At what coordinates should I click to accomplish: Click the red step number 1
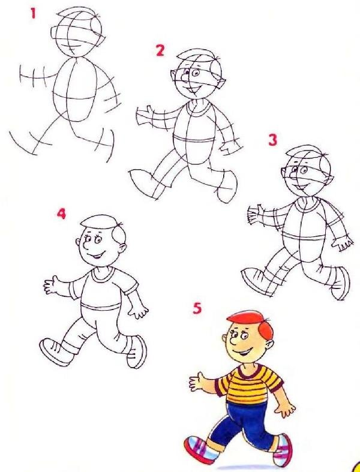pyautogui.click(x=33, y=13)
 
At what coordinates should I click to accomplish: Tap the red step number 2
pyautogui.click(x=160, y=50)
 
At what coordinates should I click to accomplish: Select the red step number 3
pyautogui.click(x=272, y=140)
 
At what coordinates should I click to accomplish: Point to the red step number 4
pyautogui.click(x=61, y=214)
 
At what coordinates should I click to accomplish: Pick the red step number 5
pyautogui.click(x=197, y=308)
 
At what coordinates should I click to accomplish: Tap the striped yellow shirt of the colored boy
pyautogui.click(x=249, y=384)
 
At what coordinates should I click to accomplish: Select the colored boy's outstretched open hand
pyautogui.click(x=197, y=381)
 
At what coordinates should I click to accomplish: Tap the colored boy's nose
pyautogui.click(x=233, y=341)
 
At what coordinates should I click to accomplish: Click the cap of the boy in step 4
pyautogui.click(x=99, y=221)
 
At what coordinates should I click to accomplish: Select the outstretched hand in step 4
pyautogui.click(x=52, y=285)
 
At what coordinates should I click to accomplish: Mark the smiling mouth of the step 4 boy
pyautogui.click(x=97, y=256)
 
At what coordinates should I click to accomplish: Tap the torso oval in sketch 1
pyautogui.click(x=75, y=89)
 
